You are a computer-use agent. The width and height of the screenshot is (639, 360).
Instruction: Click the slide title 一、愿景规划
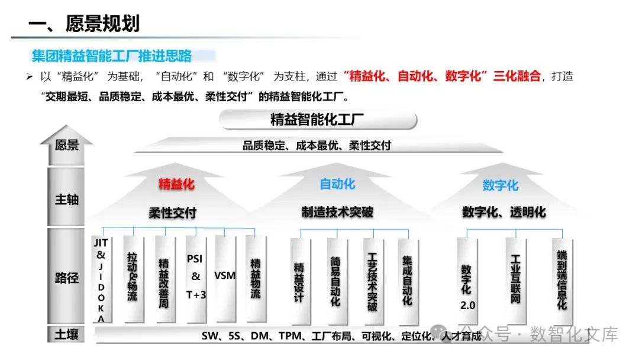84,24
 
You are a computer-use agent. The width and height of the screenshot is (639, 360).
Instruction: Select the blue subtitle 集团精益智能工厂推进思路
112,56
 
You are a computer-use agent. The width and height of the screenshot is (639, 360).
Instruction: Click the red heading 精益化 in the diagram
176,184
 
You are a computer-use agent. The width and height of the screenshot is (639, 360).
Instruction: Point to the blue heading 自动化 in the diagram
337,184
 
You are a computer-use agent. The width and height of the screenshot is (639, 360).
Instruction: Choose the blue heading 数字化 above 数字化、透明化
501,185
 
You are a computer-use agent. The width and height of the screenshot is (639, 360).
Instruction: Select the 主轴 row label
66,200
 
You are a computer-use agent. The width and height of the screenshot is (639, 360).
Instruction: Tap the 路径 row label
66,278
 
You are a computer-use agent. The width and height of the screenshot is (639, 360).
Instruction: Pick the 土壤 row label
66,335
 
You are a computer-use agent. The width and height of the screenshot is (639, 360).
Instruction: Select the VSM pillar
225,276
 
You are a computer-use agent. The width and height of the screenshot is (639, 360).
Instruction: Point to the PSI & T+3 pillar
196,277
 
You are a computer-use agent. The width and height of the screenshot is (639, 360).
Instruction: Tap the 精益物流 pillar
255,278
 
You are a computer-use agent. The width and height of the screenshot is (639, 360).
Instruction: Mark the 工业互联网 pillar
516,279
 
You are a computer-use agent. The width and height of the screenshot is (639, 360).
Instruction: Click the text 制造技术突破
337,212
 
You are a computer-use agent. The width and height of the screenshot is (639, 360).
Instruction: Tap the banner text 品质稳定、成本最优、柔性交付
317,146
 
